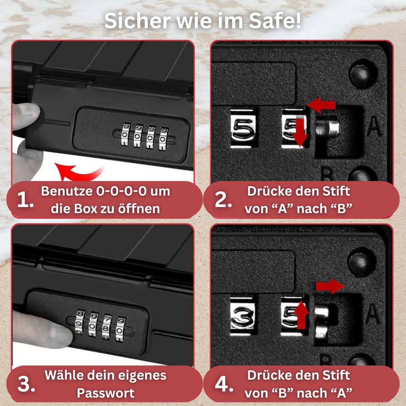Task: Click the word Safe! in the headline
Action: [275, 21]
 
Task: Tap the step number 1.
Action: [25, 200]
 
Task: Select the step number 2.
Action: [223, 200]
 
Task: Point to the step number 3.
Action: [26, 384]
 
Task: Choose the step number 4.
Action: [224, 384]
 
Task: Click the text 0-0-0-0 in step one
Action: [121, 191]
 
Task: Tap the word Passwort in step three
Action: [106, 393]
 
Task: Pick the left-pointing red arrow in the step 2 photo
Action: [321, 105]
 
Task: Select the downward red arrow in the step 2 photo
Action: [300, 133]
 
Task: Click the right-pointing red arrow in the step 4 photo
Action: [330, 286]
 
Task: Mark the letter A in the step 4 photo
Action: [373, 314]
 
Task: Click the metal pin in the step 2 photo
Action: [327, 126]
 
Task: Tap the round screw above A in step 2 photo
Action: [359, 74]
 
